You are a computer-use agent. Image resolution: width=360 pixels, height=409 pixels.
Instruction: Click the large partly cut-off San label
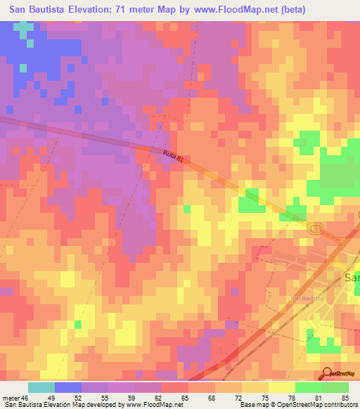coord(352,278)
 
